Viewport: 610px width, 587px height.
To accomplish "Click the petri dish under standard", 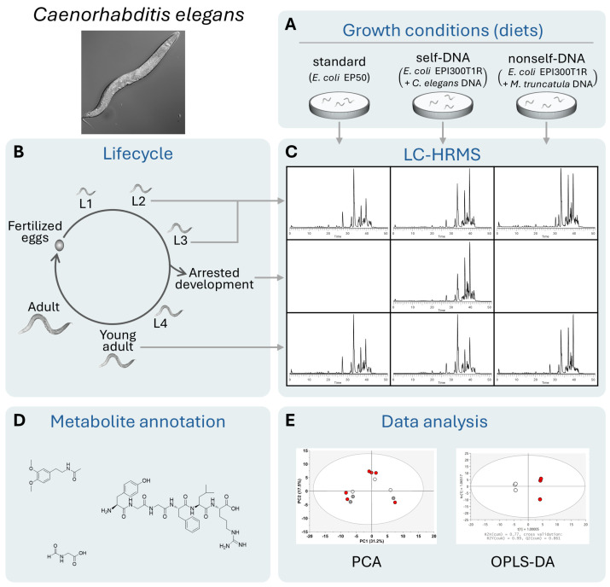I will [339, 103].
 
